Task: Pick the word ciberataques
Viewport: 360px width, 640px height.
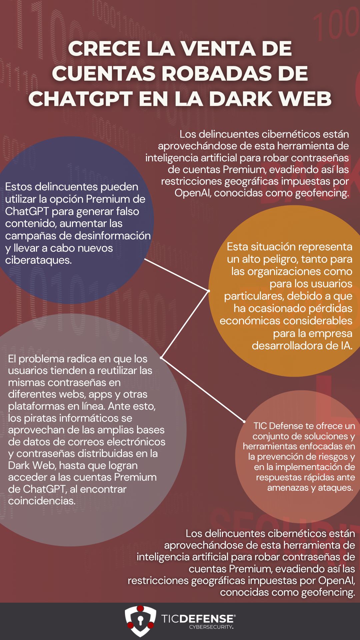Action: (38, 260)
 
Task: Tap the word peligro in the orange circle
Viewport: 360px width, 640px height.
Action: (282, 259)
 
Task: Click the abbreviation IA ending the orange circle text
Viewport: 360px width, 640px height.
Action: (346, 345)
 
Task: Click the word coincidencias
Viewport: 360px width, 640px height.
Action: (42, 501)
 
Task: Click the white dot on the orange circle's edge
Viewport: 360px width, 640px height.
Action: (209, 291)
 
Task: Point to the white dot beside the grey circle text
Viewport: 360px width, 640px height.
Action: (161, 358)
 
